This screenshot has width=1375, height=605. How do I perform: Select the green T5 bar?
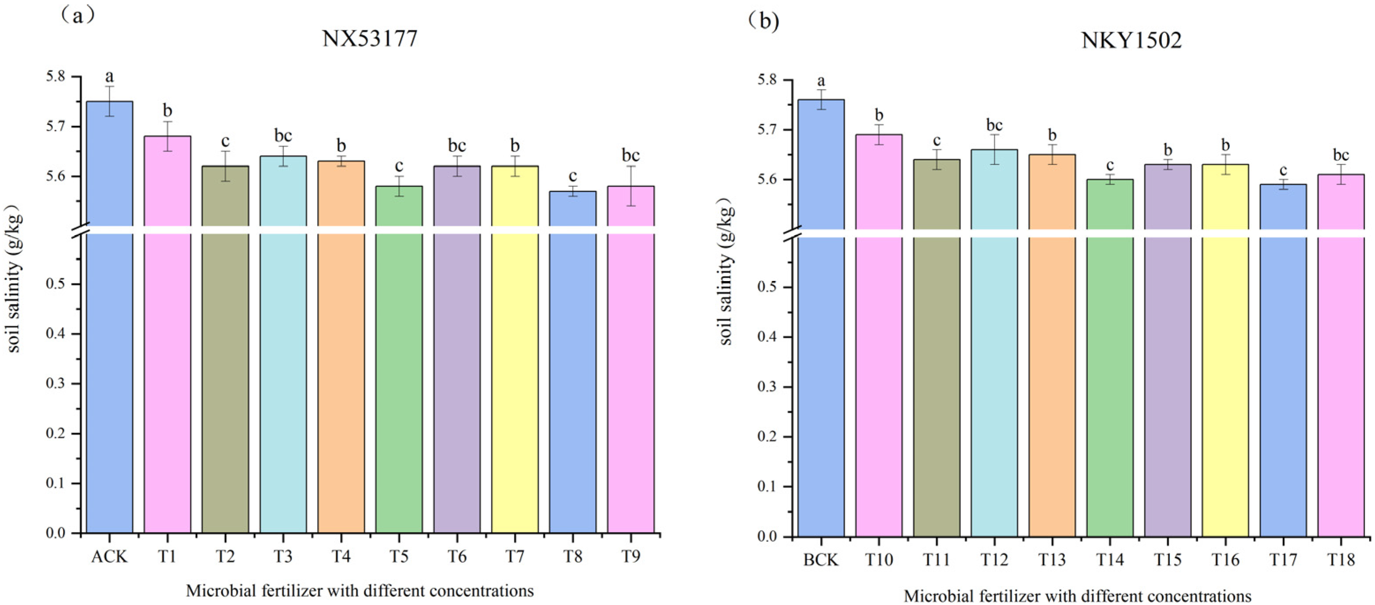pyautogui.click(x=399, y=374)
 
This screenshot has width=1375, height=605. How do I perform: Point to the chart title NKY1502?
pyautogui.click(x=1131, y=41)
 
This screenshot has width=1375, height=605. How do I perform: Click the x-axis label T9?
pyautogui.click(x=630, y=557)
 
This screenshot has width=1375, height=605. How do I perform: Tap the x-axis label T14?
pyautogui.click(x=1110, y=560)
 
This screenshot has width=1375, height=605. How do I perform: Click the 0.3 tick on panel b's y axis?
pyautogui.click(x=768, y=387)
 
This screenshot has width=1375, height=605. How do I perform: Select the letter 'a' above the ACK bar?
pyautogui.click(x=109, y=76)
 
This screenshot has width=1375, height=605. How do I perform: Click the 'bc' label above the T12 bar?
pyautogui.click(x=994, y=125)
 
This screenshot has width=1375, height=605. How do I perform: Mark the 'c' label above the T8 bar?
pyautogui.click(x=572, y=176)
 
